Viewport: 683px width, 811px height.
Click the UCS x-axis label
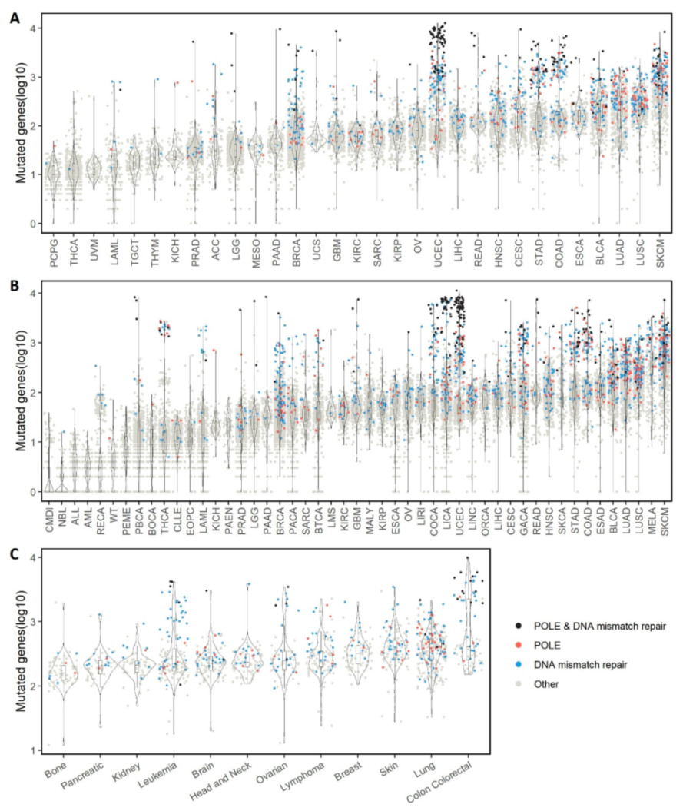pyautogui.click(x=316, y=252)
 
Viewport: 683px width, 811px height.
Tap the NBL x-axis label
pyautogui.click(x=63, y=516)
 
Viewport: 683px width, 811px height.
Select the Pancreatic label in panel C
pyautogui.click(x=91, y=777)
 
